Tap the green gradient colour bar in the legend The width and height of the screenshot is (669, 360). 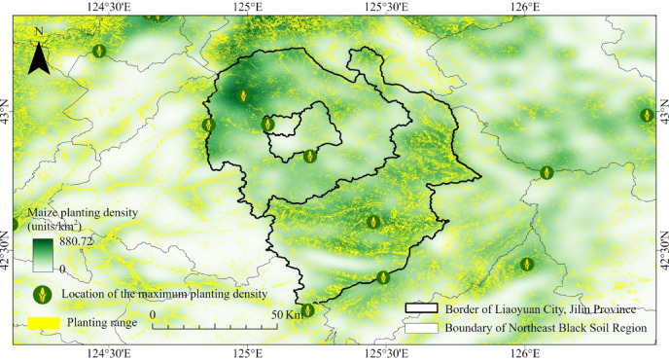(43, 254)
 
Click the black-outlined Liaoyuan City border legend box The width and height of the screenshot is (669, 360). (422, 308)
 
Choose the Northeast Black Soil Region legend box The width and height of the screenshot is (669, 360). (422, 328)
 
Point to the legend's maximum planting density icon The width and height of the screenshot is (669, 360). (41, 293)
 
